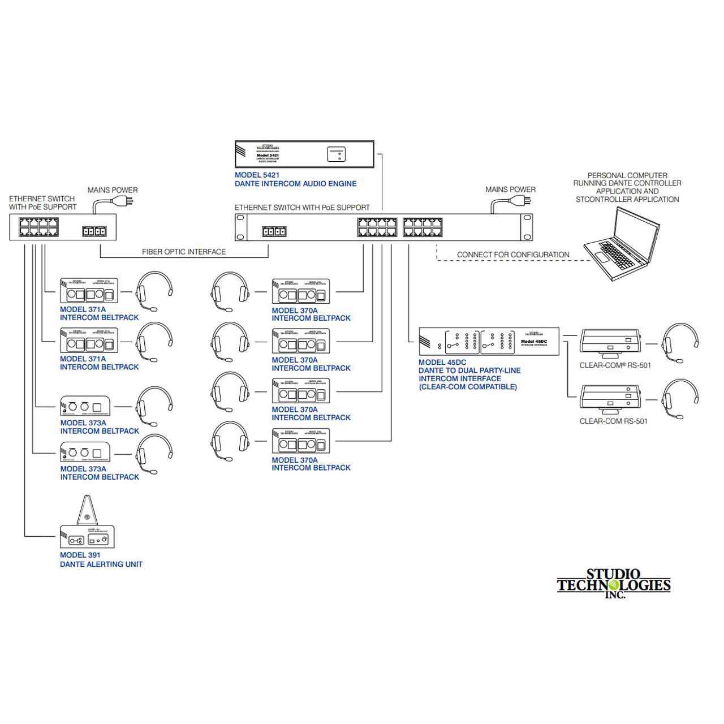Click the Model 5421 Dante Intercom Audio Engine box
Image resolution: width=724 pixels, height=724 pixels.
point(304,154)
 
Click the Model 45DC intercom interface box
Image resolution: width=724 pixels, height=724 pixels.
point(489,341)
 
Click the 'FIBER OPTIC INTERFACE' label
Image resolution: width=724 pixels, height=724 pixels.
point(184,252)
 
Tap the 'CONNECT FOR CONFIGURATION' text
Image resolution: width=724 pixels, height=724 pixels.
point(513,255)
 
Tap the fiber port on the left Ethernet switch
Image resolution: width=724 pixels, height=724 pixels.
point(94,231)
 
